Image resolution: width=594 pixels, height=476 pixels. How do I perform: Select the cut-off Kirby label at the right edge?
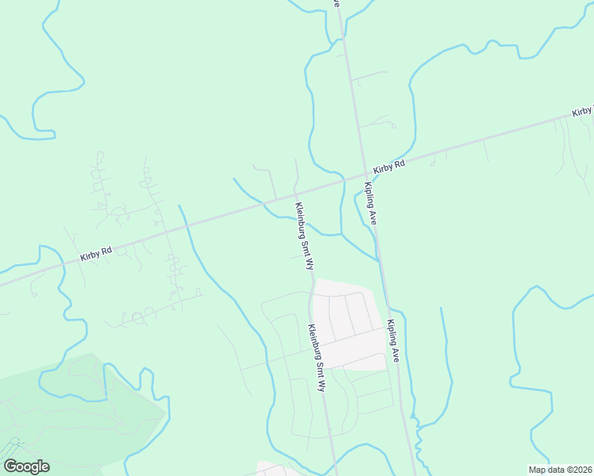click(583, 112)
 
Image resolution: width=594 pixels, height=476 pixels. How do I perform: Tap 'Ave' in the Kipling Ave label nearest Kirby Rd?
click(373, 218)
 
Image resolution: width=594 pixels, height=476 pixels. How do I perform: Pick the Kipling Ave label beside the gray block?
click(393, 341)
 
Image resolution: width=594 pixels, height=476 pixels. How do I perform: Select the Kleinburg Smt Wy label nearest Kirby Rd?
click(305, 236)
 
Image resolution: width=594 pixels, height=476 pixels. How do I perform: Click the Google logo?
click(26, 466)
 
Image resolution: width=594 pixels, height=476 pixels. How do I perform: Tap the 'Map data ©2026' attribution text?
click(559, 470)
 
